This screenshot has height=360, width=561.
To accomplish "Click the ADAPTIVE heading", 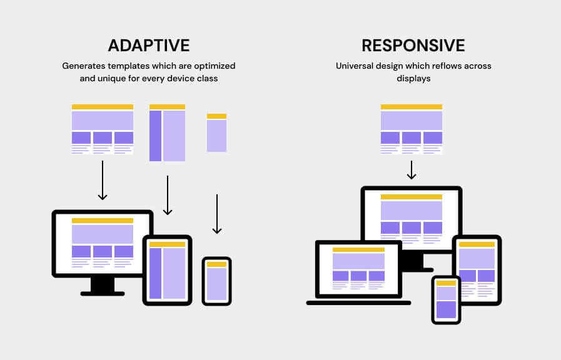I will click(x=148, y=46).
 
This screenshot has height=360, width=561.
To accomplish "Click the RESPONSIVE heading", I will click(x=413, y=46).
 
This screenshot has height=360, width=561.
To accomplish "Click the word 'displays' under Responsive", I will click(x=413, y=79).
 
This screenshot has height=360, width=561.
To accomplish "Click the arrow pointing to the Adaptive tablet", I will click(x=168, y=195).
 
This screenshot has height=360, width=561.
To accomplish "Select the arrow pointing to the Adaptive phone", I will click(x=216, y=214).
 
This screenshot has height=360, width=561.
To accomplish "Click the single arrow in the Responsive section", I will click(x=411, y=170).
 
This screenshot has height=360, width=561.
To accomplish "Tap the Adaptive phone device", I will click(x=216, y=281).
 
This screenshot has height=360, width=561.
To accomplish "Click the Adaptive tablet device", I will click(x=167, y=270).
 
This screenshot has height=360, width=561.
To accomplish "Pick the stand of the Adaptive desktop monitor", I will click(x=103, y=286).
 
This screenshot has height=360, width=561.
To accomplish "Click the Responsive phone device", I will click(x=446, y=300).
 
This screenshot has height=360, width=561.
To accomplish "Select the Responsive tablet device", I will click(x=477, y=269).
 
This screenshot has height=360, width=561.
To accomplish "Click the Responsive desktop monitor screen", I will click(x=411, y=214).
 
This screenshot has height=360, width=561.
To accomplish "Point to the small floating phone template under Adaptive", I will click(x=216, y=132).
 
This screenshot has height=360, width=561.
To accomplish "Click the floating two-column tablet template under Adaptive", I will click(x=167, y=133).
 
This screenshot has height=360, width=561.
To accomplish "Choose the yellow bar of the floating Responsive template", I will click(x=411, y=107).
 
